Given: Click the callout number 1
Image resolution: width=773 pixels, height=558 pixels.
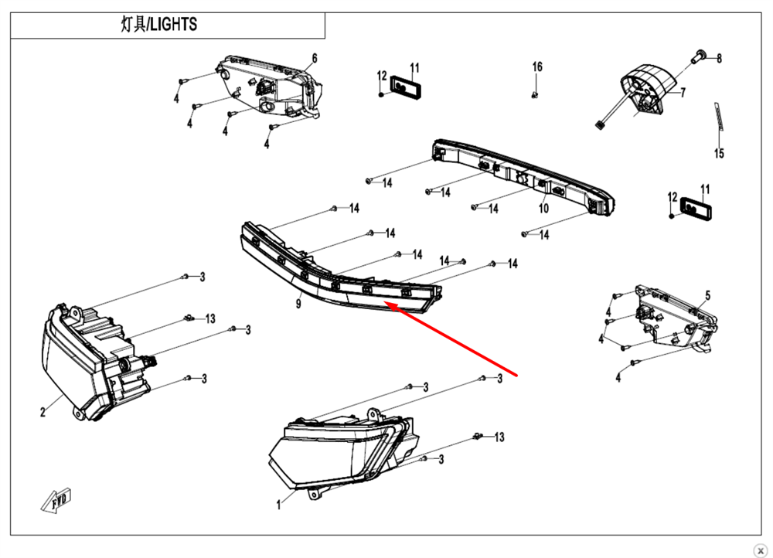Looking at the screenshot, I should pos(278,505).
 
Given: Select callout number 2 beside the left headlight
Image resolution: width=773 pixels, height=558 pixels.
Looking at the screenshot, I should pos(43,412).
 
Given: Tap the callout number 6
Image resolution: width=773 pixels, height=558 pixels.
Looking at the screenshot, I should pos(315,59).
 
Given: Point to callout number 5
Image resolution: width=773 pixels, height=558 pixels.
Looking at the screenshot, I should pos(707,296).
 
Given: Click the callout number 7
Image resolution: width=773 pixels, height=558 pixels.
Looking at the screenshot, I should pos(683,93).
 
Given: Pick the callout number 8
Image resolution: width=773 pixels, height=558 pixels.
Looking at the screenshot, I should pos(719,58).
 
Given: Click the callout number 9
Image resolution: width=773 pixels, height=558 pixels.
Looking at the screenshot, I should pos(298,304).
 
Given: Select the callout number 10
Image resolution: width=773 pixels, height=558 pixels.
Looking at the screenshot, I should pos(543,209).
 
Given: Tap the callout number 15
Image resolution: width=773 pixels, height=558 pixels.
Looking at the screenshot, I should pos(719,154).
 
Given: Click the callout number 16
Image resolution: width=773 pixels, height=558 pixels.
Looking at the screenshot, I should pos(537,67).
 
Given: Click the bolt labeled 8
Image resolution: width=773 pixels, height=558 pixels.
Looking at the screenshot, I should pos(699,54).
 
